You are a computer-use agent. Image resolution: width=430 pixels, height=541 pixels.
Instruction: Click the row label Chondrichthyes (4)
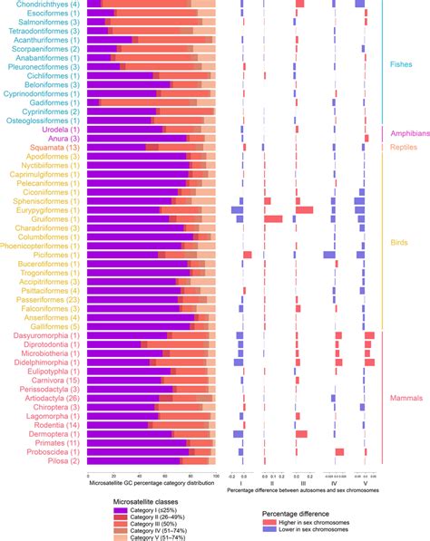click(x=44, y=5)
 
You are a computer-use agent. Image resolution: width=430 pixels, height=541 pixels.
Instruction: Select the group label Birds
click(x=400, y=243)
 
